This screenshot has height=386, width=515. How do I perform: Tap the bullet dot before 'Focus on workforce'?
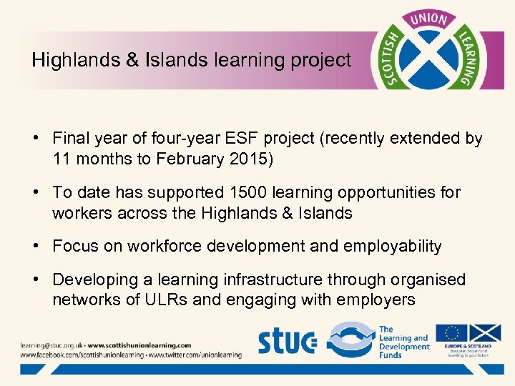[35, 247]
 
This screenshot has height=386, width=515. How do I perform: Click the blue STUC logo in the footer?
[286, 341]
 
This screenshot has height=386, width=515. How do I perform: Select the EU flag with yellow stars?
[451, 333]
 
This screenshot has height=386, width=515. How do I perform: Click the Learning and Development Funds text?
[403, 342]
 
